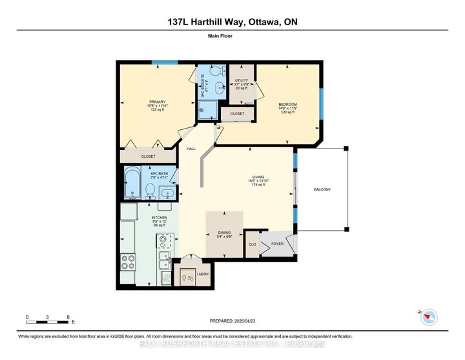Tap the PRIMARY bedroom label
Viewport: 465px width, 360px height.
point(158,101)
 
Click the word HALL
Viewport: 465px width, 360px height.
point(191,149)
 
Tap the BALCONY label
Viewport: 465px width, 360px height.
point(323,189)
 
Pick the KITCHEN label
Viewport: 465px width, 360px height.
point(160,218)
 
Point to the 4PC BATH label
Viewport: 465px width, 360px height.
point(160,173)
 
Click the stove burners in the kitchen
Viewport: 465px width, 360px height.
point(128,262)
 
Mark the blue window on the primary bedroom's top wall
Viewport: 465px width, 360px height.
point(161,63)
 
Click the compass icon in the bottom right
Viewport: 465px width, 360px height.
point(428,316)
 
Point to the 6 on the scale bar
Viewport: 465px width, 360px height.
point(68,317)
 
